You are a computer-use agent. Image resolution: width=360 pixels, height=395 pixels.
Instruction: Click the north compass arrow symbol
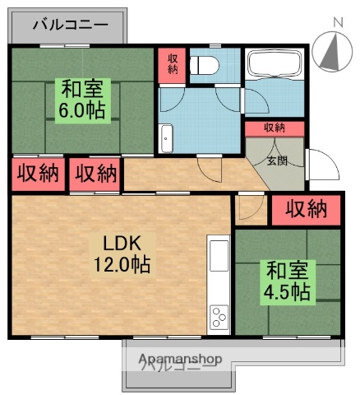click(x=332, y=51)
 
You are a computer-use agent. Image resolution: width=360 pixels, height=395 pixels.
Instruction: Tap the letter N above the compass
click(x=337, y=22)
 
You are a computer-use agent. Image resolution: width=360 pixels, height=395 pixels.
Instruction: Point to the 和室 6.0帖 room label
click(x=81, y=99)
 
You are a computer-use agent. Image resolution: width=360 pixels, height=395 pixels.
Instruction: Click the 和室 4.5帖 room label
click(x=286, y=281)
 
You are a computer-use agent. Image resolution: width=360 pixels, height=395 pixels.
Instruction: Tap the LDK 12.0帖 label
click(x=124, y=254)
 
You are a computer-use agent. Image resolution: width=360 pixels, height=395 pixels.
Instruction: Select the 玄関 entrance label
click(x=276, y=160)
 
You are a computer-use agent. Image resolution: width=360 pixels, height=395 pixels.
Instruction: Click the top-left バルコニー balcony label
click(x=71, y=25)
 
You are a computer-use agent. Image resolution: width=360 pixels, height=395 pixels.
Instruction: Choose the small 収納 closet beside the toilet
click(x=173, y=63)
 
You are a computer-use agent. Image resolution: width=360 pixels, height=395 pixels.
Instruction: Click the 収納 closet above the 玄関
click(x=275, y=128)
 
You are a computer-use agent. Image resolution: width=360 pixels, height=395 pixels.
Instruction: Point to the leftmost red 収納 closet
click(x=38, y=173)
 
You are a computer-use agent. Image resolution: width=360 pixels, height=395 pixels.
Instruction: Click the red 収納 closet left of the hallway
click(x=95, y=173)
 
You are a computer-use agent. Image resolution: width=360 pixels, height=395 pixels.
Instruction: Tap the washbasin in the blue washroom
click(x=167, y=139)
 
